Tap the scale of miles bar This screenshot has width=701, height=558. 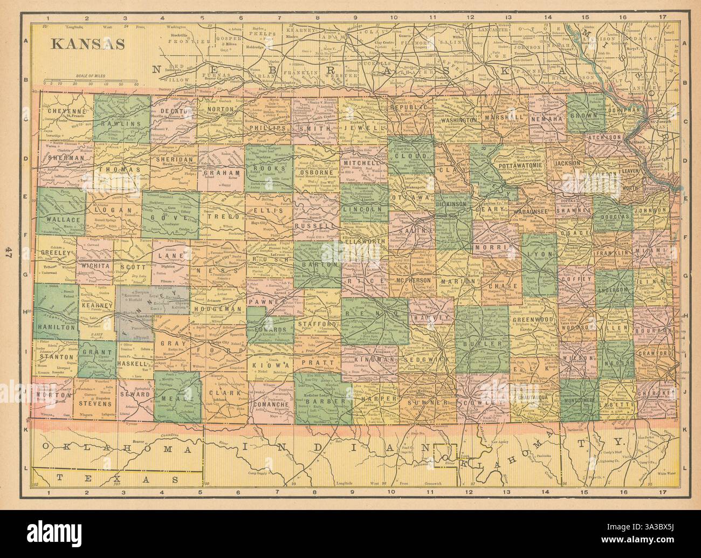(x=92, y=84)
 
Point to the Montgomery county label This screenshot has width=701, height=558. (x=578, y=401)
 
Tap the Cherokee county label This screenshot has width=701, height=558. (x=656, y=393)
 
